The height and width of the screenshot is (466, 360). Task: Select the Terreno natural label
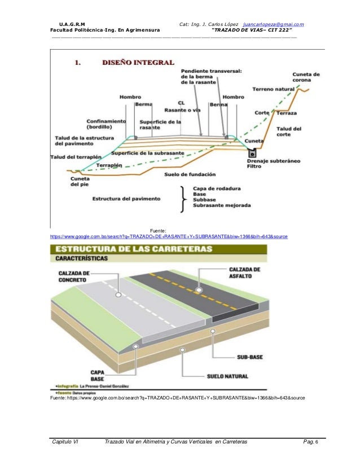point(274,89)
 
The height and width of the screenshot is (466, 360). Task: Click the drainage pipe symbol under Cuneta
point(252,152)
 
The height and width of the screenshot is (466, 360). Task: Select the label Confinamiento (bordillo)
point(106,124)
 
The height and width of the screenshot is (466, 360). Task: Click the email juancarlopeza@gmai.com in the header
point(274,24)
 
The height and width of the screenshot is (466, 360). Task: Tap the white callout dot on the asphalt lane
point(199,289)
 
